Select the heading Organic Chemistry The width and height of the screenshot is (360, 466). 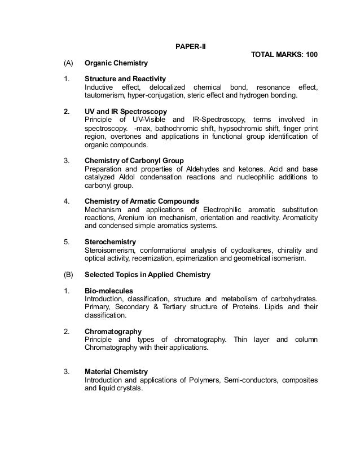[x=116, y=64]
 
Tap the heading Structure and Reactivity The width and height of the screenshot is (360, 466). [x=125, y=79]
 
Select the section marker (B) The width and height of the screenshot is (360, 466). [x=68, y=275]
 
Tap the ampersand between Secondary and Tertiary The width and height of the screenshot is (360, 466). [x=156, y=307]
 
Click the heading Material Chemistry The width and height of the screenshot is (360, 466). [x=116, y=372]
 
